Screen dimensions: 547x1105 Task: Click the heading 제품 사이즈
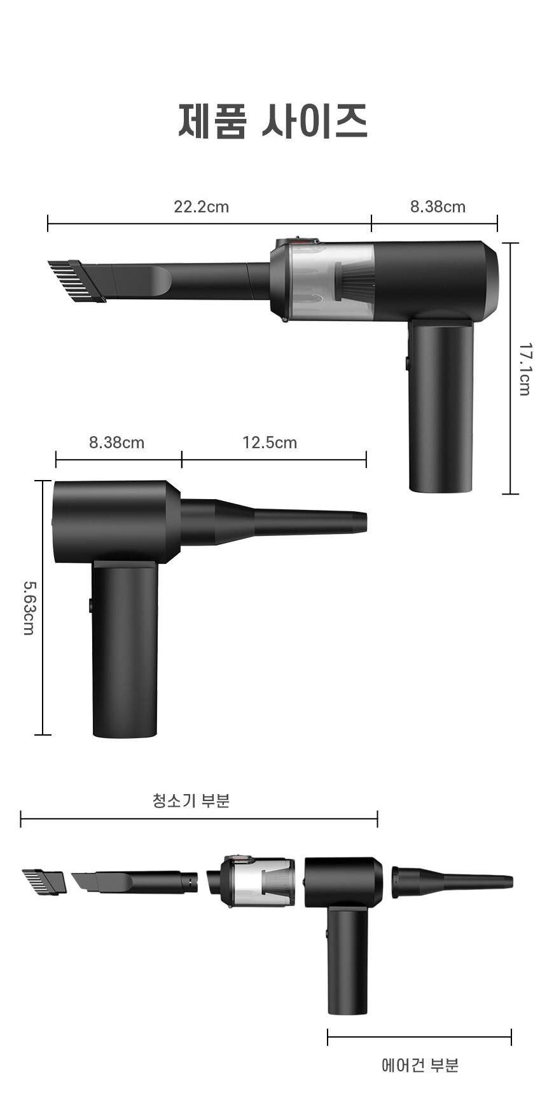[x=273, y=121]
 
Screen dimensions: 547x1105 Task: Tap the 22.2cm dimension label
[x=202, y=207]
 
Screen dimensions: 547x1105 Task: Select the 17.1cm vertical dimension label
[x=525, y=369]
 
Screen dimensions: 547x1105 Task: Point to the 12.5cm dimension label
[x=270, y=442]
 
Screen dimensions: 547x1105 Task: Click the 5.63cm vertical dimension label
[x=29, y=607]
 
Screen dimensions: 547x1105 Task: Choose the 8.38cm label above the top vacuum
[x=438, y=207]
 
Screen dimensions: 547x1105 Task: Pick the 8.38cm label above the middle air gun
[x=116, y=442]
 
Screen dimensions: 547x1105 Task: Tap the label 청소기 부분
[x=191, y=800]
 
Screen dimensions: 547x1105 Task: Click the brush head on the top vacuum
[x=77, y=280]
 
